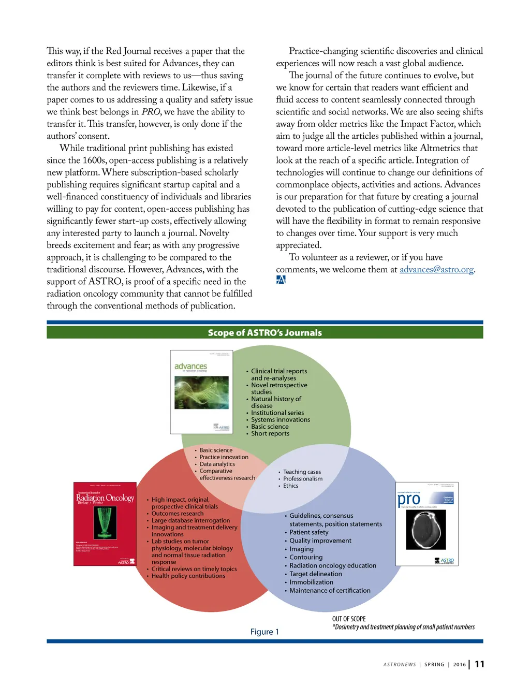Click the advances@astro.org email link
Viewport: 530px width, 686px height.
tap(436, 270)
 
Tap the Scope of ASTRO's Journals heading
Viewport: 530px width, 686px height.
tap(264, 333)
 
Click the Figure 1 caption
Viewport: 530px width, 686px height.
tap(264, 632)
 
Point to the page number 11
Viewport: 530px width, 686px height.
tap(480, 664)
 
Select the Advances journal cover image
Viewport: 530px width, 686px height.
tap(201, 392)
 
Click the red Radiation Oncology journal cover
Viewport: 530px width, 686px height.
tap(105, 523)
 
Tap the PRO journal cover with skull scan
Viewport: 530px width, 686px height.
tap(426, 523)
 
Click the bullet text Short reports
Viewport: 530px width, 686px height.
tap(270, 434)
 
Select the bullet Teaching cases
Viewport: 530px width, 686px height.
tap(302, 472)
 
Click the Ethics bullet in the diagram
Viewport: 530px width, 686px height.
tap(290, 486)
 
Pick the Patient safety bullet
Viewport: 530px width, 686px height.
tap(308, 532)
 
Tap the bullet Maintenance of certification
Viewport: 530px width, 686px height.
tap(330, 591)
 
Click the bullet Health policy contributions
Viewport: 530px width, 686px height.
tap(188, 576)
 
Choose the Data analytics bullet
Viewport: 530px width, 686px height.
tap(217, 464)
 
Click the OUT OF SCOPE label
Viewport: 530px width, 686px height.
tap(349, 619)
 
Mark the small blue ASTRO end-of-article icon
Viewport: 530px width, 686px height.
tap(281, 280)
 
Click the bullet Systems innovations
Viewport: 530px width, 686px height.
tap(281, 420)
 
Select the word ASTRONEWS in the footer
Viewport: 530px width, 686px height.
tap(400, 665)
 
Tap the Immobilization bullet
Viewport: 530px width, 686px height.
tap(311, 582)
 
